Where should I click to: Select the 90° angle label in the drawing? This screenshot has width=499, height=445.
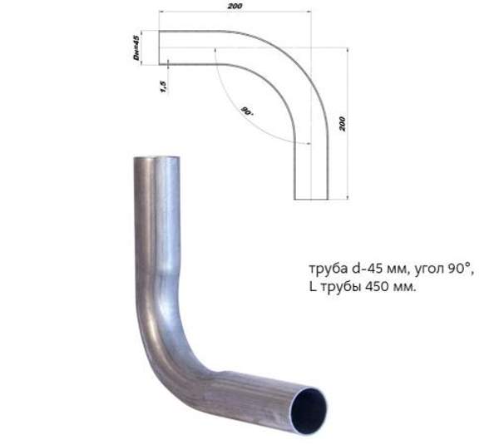click(247, 110)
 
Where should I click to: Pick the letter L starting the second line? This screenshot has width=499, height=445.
click(311, 287)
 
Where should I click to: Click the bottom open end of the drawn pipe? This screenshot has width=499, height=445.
click(311, 199)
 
